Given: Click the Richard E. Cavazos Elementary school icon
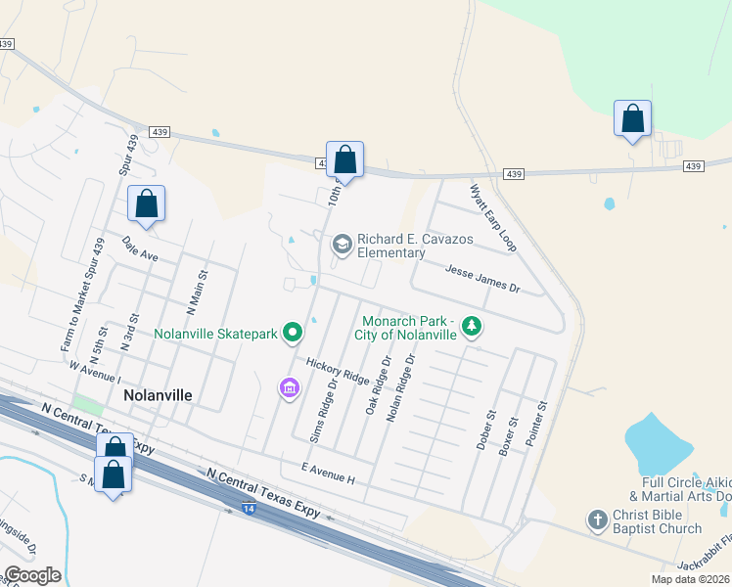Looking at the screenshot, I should [x=343, y=245].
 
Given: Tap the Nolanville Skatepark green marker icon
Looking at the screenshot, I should [x=293, y=334].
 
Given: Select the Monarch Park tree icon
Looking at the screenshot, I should [x=472, y=326].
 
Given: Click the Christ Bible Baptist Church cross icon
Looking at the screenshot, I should [x=598, y=520].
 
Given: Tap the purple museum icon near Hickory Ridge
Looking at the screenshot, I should [x=289, y=389].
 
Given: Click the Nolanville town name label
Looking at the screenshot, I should [x=158, y=396].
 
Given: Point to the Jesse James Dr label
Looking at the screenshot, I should [x=482, y=280].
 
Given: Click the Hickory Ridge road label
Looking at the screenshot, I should [x=338, y=371].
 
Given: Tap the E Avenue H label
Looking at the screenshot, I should [x=328, y=473].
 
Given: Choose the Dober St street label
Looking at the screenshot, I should [x=484, y=429].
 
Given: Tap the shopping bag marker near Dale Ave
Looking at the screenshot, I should [x=146, y=204].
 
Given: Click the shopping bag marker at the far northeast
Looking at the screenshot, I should [x=633, y=119].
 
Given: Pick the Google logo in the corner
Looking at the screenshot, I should [x=32, y=575].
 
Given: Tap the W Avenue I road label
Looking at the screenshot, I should [x=94, y=372].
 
